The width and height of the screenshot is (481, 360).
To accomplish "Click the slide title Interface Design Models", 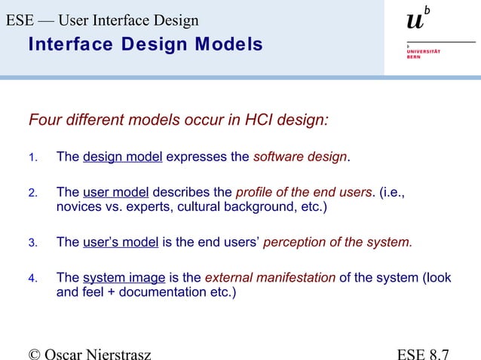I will pyautogui.click(x=145, y=44).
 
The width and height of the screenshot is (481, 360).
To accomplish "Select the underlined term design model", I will pyautogui.click(x=122, y=157).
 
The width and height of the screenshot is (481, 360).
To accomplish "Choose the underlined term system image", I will pyautogui.click(x=124, y=277).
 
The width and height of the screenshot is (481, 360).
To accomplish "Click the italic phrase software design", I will pyautogui.click(x=300, y=157).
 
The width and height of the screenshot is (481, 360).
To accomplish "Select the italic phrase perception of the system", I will pyautogui.click(x=337, y=242).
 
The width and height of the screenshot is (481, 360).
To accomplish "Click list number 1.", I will pyautogui.click(x=32, y=158).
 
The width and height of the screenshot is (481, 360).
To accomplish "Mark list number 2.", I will pyautogui.click(x=32, y=193).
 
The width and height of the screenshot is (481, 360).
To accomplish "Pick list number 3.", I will pyautogui.click(x=32, y=243).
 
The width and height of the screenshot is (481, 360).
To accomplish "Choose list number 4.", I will pyautogui.click(x=32, y=278).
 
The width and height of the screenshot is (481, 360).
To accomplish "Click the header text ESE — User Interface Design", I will pyautogui.click(x=103, y=20).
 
